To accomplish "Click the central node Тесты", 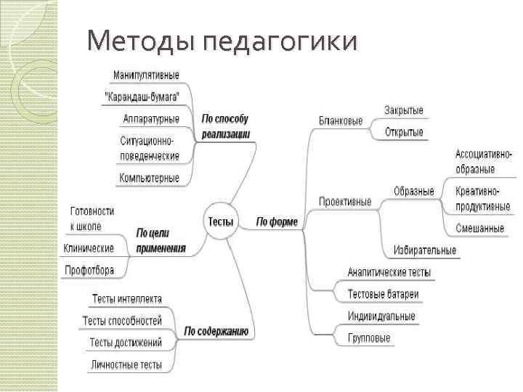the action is click(221, 221).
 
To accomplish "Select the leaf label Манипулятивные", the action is click(146, 75).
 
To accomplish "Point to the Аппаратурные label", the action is click(151, 118).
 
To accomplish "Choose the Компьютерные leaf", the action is click(149, 177).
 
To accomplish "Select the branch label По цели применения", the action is click(161, 240).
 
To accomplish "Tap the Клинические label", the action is click(89, 248).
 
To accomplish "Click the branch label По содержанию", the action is click(216, 332).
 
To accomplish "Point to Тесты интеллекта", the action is click(127, 299).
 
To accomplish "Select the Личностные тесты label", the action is click(126, 364).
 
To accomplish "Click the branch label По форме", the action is click(277, 221).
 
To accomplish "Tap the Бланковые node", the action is click(341, 121).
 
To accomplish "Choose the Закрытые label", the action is click(404, 110).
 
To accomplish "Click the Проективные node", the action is click(344, 201).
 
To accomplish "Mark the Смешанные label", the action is click(480, 228).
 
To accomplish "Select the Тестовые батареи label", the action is click(383, 294).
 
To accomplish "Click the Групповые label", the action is click(369, 338).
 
